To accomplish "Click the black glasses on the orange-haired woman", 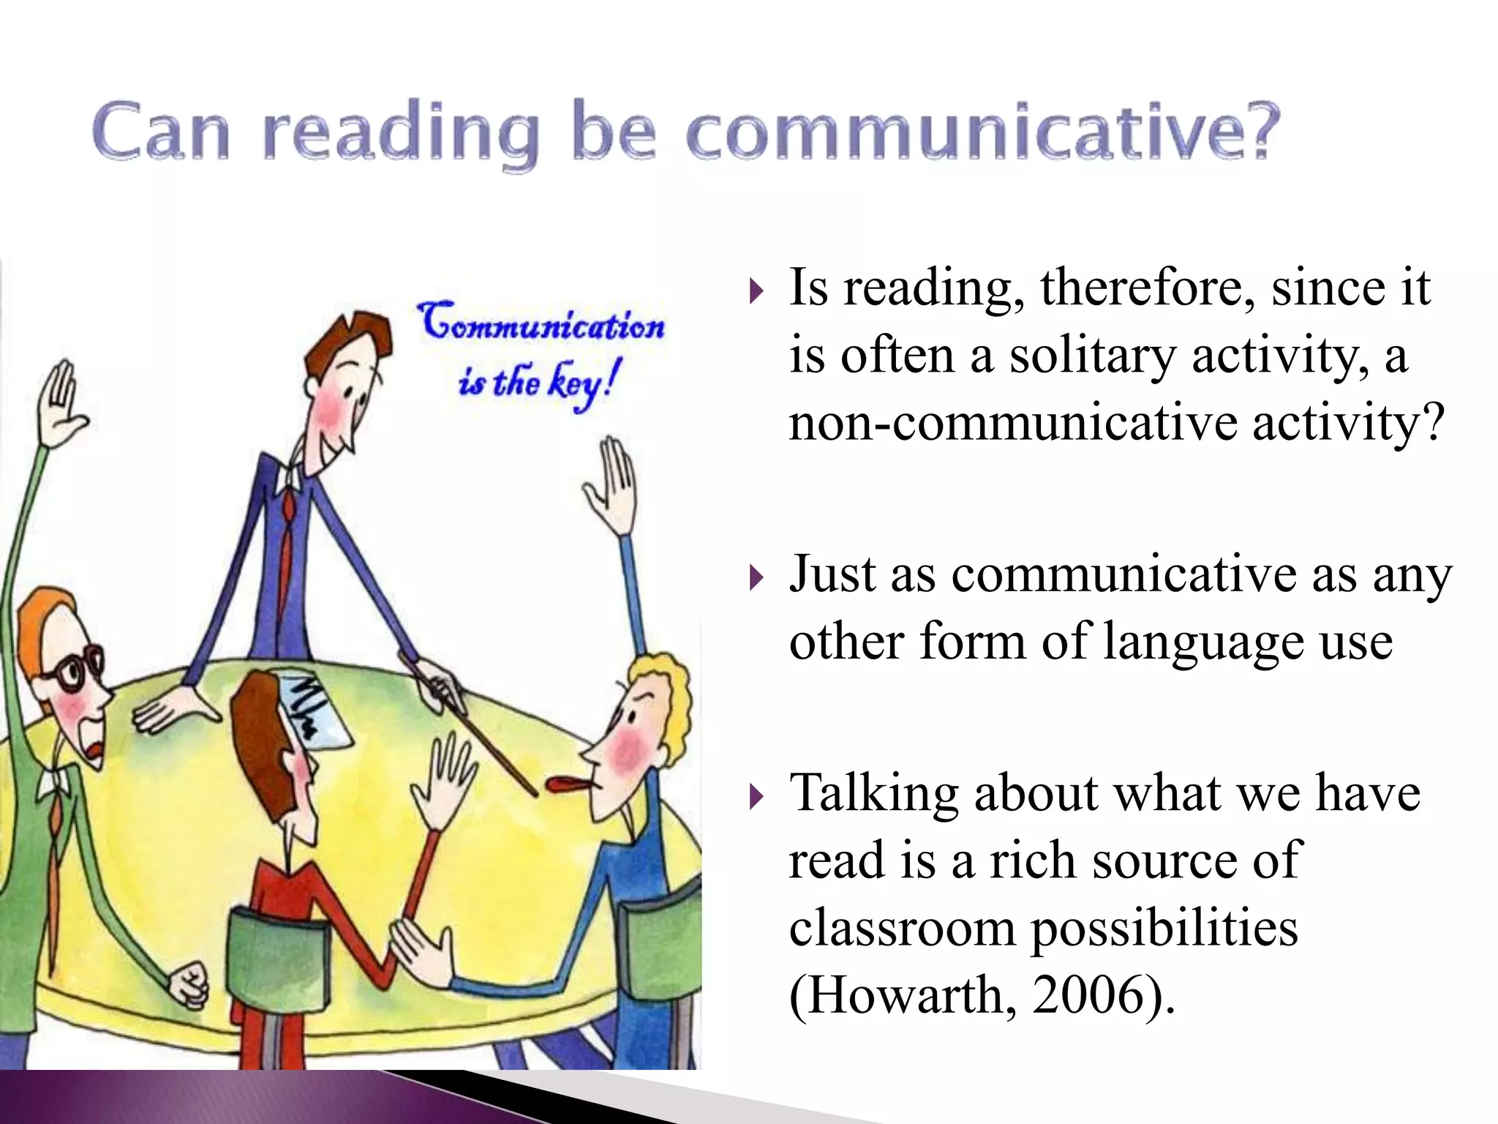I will [x=74, y=669].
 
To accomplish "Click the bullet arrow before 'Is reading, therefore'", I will [x=756, y=293].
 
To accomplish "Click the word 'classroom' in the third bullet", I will [x=903, y=928].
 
